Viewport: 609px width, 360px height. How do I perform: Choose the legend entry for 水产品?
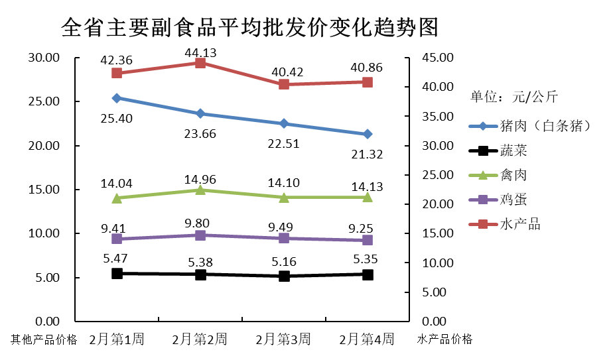tap(504, 224)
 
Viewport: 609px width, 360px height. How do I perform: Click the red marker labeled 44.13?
tap(200, 63)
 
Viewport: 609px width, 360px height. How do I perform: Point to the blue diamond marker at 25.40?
tap(117, 98)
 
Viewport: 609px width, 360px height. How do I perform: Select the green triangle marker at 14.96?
tap(200, 190)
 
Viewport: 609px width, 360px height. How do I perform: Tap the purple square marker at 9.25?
tap(368, 240)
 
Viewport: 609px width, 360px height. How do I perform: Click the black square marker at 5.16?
tap(284, 276)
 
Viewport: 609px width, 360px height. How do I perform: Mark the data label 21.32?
tap(368, 154)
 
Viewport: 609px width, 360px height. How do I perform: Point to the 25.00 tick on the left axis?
tap(44, 101)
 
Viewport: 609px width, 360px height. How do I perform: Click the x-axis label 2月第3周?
tap(283, 339)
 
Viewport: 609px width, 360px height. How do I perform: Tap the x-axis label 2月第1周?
tap(117, 339)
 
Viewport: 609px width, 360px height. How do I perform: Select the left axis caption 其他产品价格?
tap(44, 340)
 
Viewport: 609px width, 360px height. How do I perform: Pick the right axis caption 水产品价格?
tap(445, 339)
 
